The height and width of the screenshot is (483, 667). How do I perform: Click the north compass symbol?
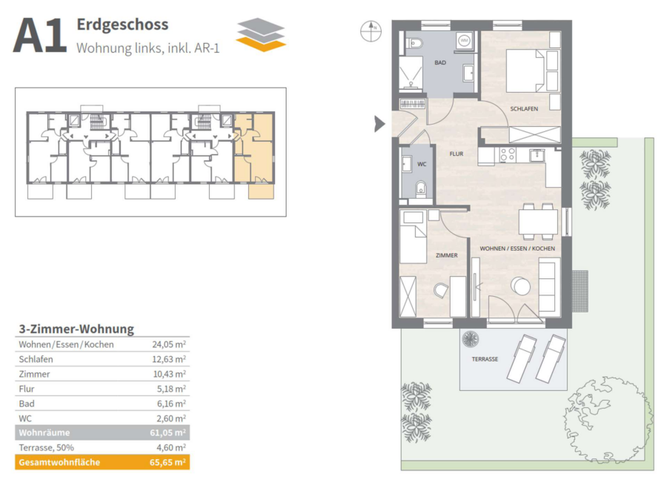[371, 31]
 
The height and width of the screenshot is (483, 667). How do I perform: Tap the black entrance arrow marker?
[379, 124]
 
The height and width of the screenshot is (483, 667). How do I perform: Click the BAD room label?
[440, 62]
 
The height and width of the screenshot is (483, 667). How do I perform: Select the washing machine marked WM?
[464, 41]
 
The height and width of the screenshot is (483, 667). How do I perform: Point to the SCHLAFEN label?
[524, 109]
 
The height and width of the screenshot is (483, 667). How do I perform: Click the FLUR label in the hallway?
[457, 154]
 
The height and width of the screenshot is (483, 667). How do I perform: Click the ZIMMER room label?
[447, 255]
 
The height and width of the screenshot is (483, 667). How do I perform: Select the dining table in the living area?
[538, 222]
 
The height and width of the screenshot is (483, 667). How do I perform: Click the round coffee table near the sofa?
[520, 286]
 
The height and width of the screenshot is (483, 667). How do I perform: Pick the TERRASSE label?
[485, 359]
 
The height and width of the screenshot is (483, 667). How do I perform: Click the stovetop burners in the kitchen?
[508, 155]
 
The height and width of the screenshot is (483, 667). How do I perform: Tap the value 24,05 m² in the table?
[169, 344]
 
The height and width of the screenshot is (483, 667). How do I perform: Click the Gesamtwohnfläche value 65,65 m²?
[167, 462]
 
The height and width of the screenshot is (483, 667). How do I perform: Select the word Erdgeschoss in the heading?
[122, 24]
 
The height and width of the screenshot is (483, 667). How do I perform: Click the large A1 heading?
[39, 36]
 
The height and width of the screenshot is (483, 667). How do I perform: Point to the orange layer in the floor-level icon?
[261, 44]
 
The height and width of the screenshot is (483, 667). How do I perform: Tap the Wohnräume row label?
[44, 433]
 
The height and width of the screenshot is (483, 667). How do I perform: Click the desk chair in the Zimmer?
[442, 292]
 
